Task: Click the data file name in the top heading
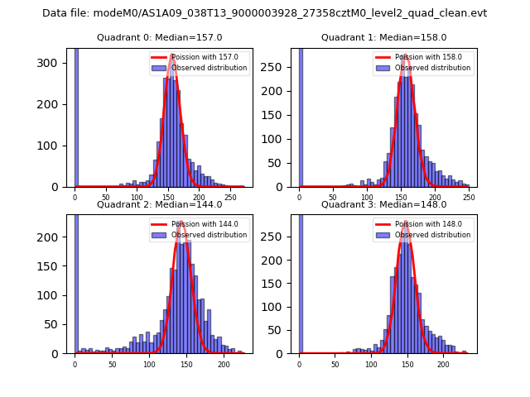264,13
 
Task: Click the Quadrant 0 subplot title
159,37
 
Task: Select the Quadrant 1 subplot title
383,37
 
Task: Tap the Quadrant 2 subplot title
159,204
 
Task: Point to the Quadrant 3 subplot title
383,204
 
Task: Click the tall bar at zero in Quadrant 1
301,116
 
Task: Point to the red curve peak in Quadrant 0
171,56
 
